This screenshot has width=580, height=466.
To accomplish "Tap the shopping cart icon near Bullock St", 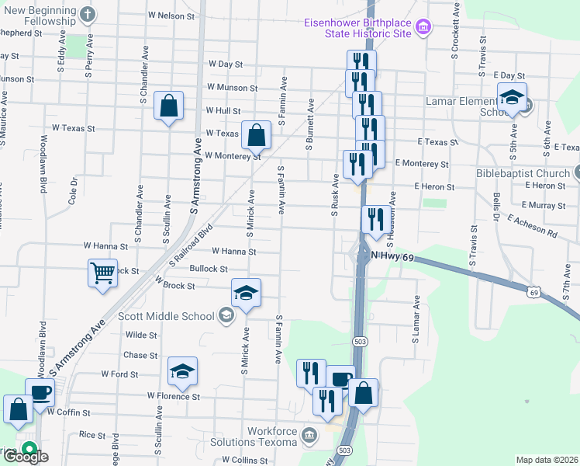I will click(x=102, y=273).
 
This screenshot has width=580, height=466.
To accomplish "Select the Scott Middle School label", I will click(x=165, y=315).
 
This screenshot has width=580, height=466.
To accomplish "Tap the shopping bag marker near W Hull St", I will click(x=168, y=106).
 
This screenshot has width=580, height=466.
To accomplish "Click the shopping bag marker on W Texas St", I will click(x=256, y=136).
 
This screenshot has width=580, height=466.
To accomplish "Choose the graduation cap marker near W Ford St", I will click(x=182, y=371).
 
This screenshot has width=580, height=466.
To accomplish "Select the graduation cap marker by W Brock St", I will click(x=246, y=293).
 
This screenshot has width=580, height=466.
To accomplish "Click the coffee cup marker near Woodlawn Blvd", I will click(x=40, y=392).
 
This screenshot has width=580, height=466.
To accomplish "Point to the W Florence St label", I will click(x=174, y=396).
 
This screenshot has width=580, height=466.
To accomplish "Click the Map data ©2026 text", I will click(x=547, y=460).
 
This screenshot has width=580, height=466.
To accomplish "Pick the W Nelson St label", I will click(x=171, y=15).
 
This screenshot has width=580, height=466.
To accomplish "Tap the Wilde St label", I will click(x=141, y=336).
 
